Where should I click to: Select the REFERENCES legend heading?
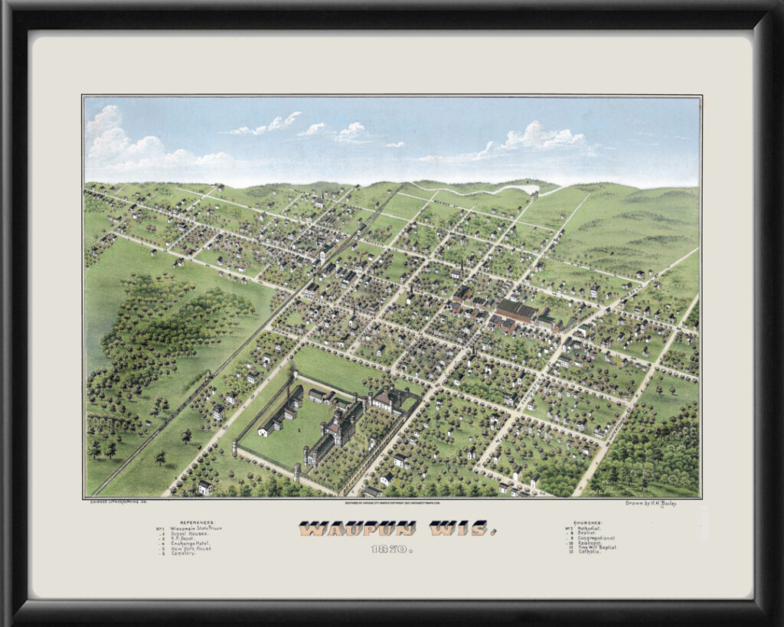pos(198,521)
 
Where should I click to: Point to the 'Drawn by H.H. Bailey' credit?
pos(652,503)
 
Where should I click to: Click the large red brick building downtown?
pos(517,310)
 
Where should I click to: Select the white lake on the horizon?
pos(528,188)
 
